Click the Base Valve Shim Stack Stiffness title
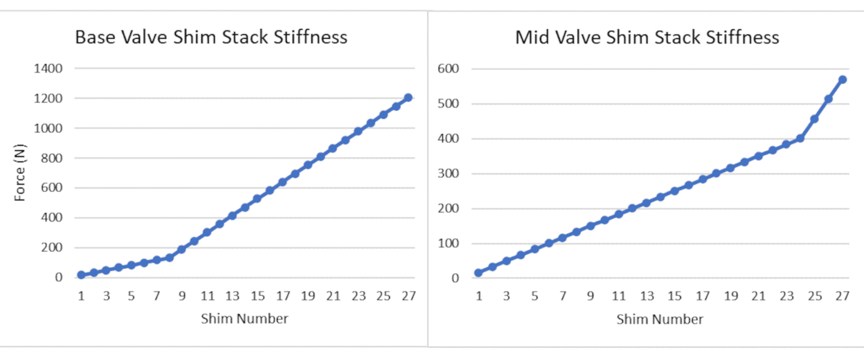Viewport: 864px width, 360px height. (211, 38)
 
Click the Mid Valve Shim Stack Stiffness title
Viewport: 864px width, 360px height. (647, 38)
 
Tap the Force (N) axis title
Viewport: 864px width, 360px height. (20, 172)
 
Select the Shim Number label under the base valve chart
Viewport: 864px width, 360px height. (244, 319)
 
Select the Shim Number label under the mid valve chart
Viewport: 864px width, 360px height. (659, 319)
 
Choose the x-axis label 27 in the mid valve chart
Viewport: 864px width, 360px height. (842, 296)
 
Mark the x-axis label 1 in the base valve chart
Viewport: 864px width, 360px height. (81, 296)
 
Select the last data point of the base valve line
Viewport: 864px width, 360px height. (408, 98)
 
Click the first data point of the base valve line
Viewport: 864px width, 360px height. (81, 275)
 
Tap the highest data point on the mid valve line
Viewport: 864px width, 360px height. (842, 80)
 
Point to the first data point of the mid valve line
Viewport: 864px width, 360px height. (479, 273)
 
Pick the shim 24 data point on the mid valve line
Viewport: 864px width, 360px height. (800, 138)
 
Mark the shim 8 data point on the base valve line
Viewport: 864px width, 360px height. (169, 258)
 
